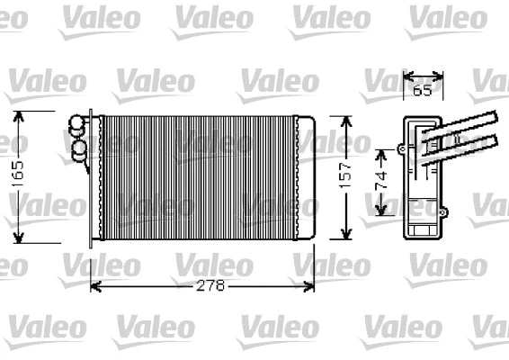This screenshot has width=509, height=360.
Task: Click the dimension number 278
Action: tap(206, 285)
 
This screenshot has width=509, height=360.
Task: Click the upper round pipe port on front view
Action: tap(77, 125)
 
